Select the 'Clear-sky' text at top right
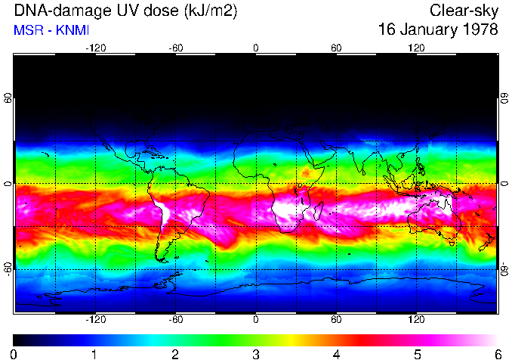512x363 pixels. (x=464, y=11)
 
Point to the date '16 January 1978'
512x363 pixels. (x=438, y=30)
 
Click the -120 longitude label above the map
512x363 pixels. (x=95, y=48)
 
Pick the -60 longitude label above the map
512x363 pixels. (x=176, y=48)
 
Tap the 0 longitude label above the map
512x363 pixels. (x=256, y=48)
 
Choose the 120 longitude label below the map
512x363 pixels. (x=416, y=320)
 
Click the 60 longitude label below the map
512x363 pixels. (x=336, y=320)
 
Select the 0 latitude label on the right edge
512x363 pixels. (x=504, y=184)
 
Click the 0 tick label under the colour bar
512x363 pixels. (x=14, y=354)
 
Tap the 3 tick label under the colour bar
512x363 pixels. (x=256, y=354)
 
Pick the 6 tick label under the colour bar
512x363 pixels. (x=497, y=354)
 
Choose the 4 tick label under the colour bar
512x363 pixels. (x=336, y=354)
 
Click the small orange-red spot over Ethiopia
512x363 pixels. (x=306, y=172)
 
